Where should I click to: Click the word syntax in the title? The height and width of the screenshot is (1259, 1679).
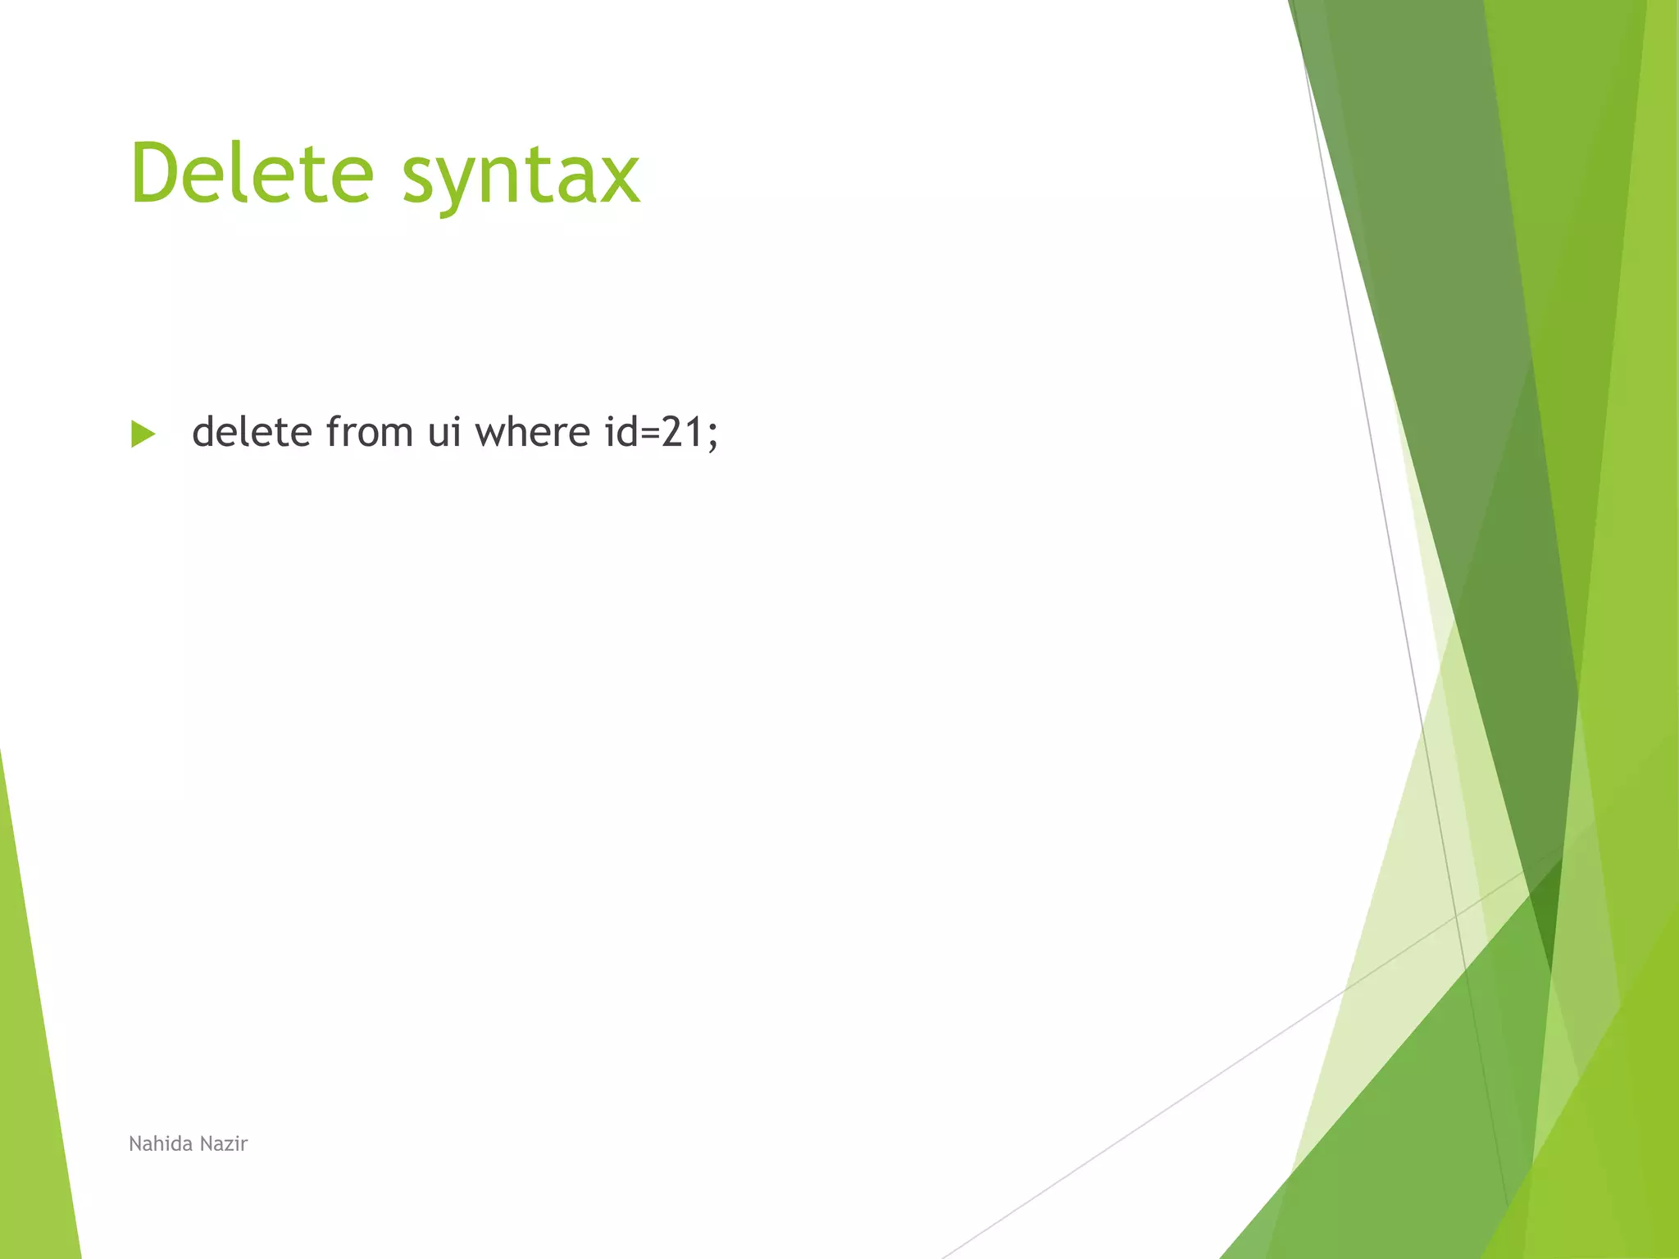(521, 176)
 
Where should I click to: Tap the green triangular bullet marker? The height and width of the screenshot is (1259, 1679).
(143, 434)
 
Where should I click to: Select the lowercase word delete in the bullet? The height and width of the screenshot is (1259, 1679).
(252, 432)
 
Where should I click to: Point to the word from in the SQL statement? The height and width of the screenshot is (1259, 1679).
(369, 432)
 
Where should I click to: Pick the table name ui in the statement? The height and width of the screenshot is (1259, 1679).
(444, 432)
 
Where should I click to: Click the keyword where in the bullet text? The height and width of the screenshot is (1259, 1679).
(532, 432)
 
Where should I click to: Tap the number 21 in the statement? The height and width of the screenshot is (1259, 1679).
(683, 432)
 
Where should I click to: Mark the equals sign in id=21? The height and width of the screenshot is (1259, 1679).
(649, 434)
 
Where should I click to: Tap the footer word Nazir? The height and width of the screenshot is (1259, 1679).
(224, 1143)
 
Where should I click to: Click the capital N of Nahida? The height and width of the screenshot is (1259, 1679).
(135, 1143)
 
